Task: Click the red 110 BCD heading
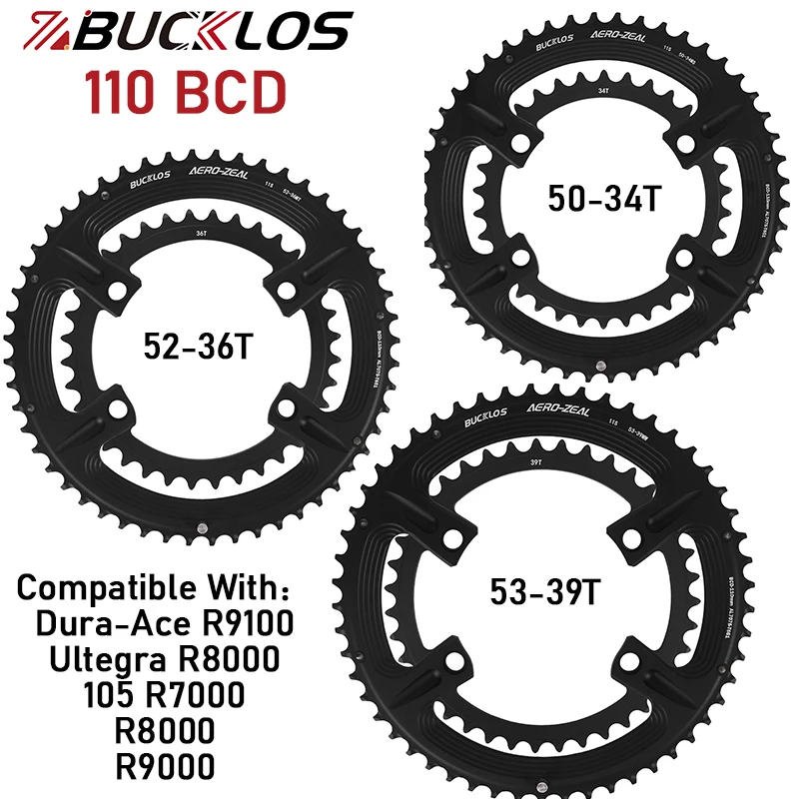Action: click(187, 92)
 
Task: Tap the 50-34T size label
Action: click(604, 198)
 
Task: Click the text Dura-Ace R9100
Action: click(165, 625)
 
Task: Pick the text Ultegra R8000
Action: click(165, 660)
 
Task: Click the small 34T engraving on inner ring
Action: click(603, 90)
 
